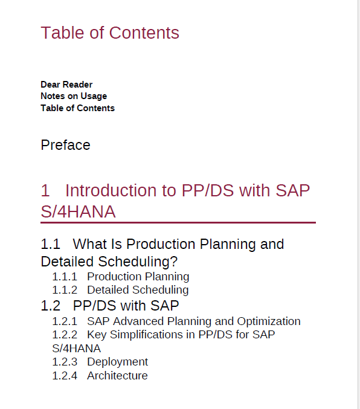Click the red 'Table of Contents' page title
tap(110, 33)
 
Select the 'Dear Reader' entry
tap(66, 85)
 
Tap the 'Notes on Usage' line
tap(74, 96)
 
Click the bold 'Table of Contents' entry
tap(78, 108)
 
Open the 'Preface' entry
tap(65, 145)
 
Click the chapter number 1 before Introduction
tap(45, 190)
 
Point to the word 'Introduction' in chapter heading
tap(110, 190)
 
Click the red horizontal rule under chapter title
tap(178, 222)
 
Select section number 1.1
tap(51, 244)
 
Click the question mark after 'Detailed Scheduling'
tap(174, 262)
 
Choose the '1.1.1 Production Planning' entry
tap(121, 277)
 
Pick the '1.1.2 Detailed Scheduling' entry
tap(120, 290)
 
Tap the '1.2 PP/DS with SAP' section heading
tap(110, 306)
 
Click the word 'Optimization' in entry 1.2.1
tap(269, 321)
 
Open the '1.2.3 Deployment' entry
tap(100, 362)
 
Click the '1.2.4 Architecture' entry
tap(100, 376)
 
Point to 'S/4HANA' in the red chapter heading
tap(78, 211)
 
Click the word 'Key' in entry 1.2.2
tap(97, 335)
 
